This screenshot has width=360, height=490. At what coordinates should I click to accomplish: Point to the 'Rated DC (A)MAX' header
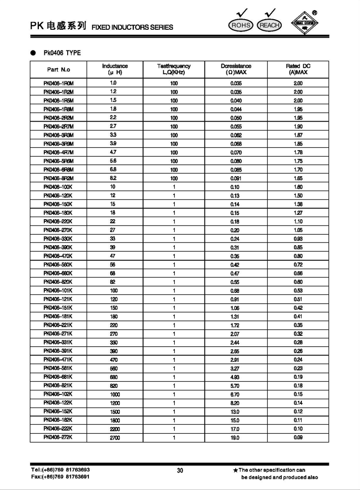[298, 69]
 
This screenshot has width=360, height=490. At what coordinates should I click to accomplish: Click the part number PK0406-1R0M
[59, 83]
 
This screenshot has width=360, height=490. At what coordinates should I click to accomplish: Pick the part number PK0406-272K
[59, 438]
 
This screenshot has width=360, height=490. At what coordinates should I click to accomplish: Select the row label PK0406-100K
[59, 187]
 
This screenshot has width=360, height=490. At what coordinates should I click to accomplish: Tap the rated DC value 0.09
[298, 438]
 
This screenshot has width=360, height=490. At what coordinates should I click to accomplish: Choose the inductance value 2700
[114, 438]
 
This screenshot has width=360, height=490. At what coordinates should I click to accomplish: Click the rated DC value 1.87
[298, 135]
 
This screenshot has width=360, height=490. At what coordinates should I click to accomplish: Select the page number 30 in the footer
[180, 470]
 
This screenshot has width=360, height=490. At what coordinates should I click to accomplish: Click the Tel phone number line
[60, 470]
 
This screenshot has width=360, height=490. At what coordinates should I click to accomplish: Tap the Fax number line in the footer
[60, 477]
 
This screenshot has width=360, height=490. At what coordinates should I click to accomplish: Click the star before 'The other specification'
[235, 470]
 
